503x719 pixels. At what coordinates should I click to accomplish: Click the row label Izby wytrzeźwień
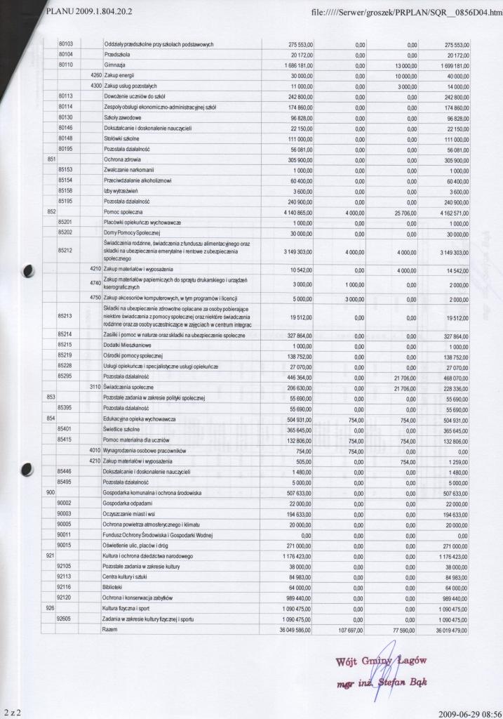tap(119, 190)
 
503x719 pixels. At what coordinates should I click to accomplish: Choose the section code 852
tap(51, 211)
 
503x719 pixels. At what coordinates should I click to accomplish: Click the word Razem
tap(109, 631)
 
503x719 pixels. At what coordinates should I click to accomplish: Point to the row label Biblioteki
tap(112, 586)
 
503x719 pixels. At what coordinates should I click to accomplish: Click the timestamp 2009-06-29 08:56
tap(467, 713)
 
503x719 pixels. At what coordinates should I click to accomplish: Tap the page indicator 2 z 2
tap(12, 713)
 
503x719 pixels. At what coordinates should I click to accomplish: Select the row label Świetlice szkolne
tap(122, 428)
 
